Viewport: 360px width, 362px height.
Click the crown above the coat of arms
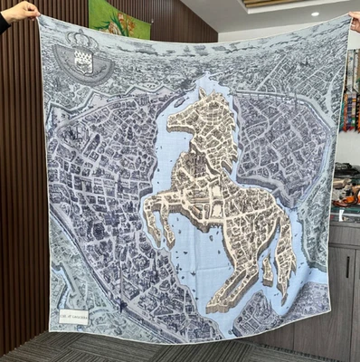coord(82,41)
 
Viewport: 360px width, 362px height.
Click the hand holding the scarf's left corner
coord(20,11)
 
